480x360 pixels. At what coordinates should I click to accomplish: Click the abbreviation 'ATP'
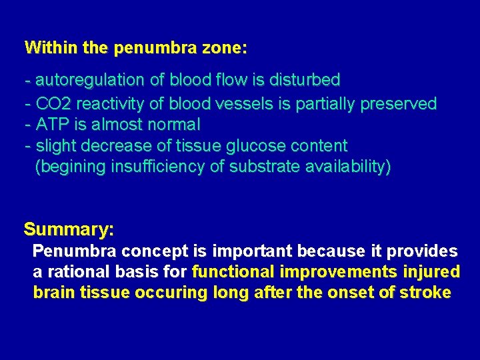click(49, 125)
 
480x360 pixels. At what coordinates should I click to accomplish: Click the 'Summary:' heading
click(69, 230)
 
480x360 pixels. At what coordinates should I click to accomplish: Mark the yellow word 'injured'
click(434, 272)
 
